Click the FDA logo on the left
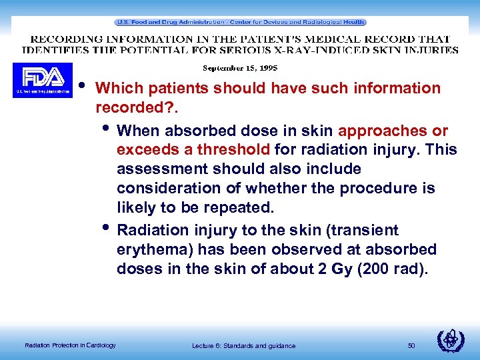[x=42, y=80]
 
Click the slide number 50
[x=411, y=345]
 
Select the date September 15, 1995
[x=240, y=68]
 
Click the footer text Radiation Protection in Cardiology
[x=70, y=345]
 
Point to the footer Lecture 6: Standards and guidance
[x=243, y=345]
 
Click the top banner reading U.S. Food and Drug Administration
[x=240, y=22]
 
